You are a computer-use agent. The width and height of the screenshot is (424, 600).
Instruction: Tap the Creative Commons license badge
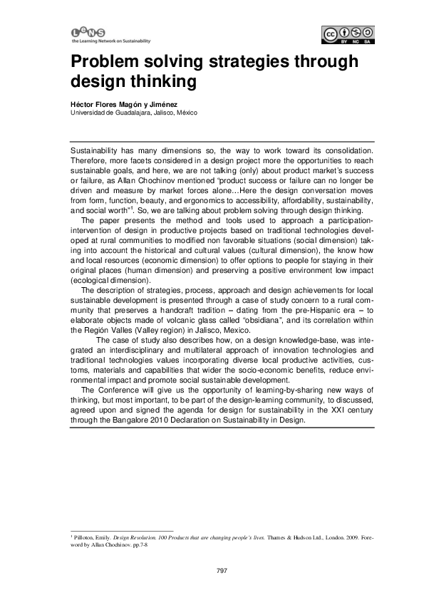[x=348, y=34]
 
